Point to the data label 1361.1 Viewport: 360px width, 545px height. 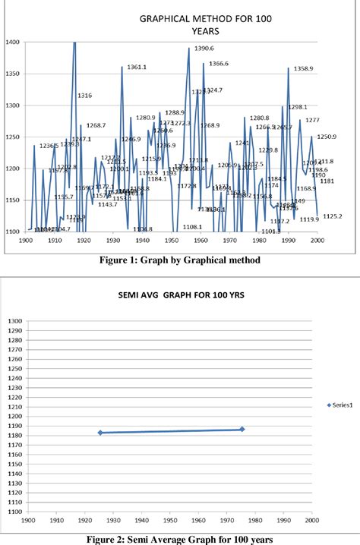(x=137, y=68)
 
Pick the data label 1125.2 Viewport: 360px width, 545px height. (x=332, y=216)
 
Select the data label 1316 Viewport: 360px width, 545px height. (x=84, y=96)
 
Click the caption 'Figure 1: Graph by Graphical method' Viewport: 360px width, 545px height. (x=179, y=260)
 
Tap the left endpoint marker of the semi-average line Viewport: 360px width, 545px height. (x=99, y=433)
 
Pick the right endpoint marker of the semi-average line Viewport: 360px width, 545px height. (x=242, y=430)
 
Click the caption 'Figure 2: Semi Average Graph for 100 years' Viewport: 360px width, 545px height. (x=179, y=538)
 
